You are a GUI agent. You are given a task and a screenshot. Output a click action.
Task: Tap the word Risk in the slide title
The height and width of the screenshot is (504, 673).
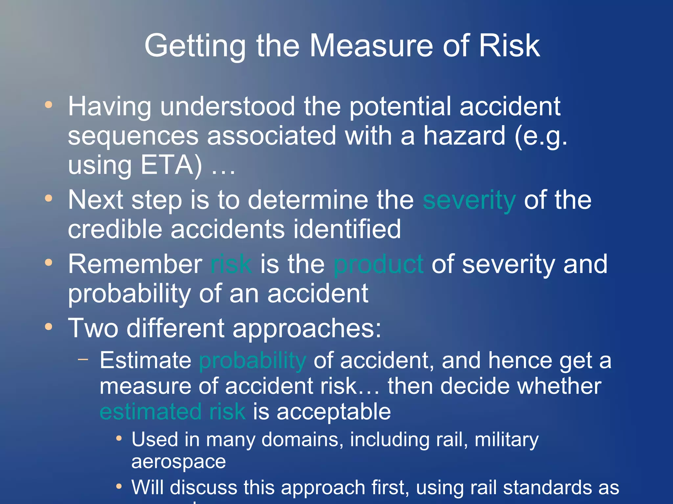509,46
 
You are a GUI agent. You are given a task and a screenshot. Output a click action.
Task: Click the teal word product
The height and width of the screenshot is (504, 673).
378,264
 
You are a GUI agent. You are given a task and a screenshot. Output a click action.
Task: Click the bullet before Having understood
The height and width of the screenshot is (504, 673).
49,105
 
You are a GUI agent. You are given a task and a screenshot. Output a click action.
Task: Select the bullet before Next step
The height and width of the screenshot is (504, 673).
49,198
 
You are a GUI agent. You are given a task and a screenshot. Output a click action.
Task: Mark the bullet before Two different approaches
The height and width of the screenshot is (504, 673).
49,326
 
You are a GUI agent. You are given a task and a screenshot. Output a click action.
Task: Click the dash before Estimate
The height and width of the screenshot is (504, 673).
83,359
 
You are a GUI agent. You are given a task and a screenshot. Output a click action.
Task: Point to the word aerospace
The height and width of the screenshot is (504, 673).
178,462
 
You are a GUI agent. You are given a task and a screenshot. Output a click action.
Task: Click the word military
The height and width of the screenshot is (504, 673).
506,440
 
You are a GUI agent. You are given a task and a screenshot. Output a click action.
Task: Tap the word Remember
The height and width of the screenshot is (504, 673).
135,264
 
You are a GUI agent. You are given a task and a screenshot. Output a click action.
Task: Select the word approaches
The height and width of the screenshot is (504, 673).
307,328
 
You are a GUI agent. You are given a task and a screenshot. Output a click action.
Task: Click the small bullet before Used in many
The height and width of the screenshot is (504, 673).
119,439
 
